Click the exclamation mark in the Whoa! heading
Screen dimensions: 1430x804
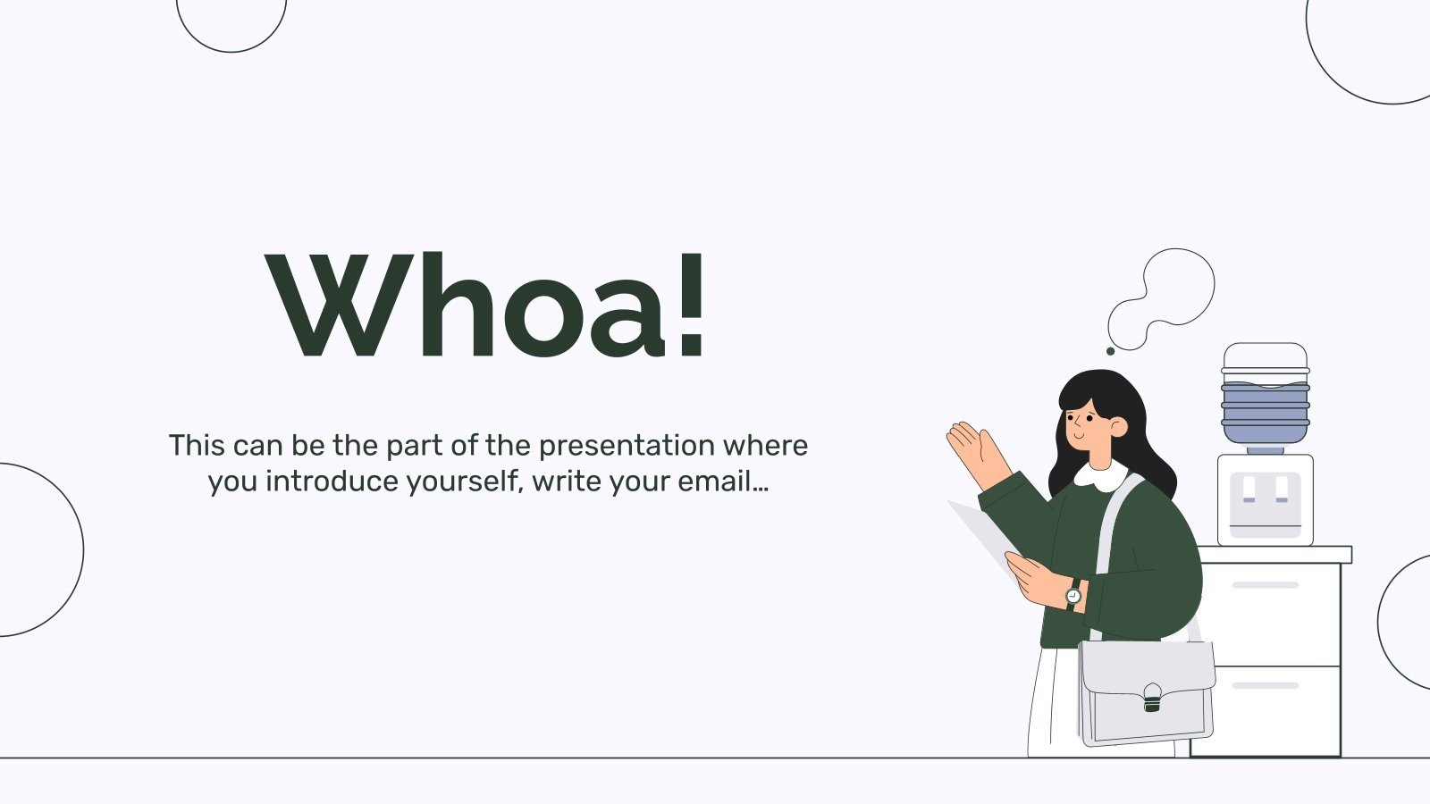point(692,305)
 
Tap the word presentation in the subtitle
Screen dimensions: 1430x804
point(627,446)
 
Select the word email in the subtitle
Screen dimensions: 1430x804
point(715,482)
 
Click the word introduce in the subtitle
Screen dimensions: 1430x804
point(332,482)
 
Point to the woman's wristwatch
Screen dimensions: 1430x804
point(1073,595)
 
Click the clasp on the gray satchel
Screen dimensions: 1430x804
point(1152,698)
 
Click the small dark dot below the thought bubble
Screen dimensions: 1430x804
point(1110,351)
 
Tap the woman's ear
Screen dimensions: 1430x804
point(1118,427)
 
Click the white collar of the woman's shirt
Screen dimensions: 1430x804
point(1100,476)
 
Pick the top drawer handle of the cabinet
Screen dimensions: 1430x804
point(1266,585)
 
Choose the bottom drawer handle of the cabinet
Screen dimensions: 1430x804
point(1266,685)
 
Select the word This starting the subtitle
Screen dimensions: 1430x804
point(197,446)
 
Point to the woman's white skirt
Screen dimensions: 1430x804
point(1054,702)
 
